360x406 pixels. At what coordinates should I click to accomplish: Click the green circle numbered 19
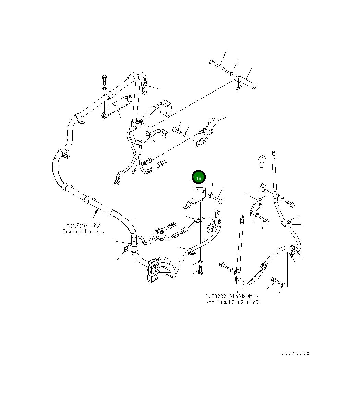[199, 178]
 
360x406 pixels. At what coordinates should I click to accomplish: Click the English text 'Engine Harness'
[83, 232]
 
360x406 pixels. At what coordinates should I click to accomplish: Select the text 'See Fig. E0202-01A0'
[232, 302]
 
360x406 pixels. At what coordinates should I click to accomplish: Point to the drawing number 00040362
[295, 353]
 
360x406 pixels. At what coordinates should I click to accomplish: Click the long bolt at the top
[218, 66]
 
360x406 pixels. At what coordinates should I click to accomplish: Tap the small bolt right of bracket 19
[218, 200]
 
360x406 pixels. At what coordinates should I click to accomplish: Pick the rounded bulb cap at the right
[262, 161]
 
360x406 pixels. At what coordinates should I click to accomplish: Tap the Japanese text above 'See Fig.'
[232, 296]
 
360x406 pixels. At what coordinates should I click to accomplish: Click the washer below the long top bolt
[231, 74]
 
